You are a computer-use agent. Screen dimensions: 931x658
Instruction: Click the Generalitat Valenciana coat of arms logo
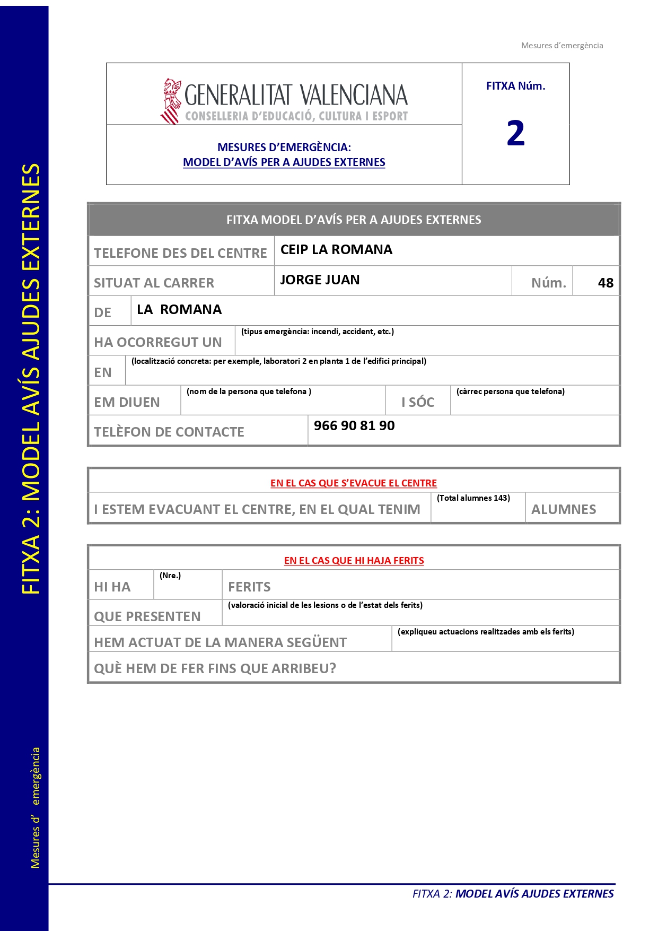pyautogui.click(x=171, y=101)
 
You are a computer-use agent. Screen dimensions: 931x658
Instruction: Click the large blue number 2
pyautogui.click(x=515, y=133)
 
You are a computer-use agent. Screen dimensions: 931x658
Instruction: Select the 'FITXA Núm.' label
pyautogui.click(x=515, y=86)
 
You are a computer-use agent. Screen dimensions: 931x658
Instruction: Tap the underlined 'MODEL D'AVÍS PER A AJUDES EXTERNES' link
pyautogui.click(x=284, y=162)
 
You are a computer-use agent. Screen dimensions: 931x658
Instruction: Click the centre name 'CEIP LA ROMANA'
pyautogui.click(x=336, y=250)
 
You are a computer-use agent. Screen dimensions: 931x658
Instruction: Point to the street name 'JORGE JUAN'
pyautogui.click(x=320, y=280)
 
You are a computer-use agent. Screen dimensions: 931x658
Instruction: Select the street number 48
pyautogui.click(x=606, y=283)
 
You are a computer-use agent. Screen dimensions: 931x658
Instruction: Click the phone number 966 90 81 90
pyautogui.click(x=354, y=426)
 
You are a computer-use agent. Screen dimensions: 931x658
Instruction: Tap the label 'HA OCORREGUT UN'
pyautogui.click(x=158, y=343)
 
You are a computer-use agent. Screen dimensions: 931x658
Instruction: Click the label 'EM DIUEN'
pyautogui.click(x=127, y=403)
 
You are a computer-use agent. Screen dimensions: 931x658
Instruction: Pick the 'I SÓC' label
pyautogui.click(x=418, y=403)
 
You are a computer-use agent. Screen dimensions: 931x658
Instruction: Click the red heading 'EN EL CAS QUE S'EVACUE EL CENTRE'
pyautogui.click(x=354, y=483)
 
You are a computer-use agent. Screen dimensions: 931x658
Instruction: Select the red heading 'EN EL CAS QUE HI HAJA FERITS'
pyautogui.click(x=354, y=561)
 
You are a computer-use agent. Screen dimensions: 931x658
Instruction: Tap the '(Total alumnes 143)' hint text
pyautogui.click(x=473, y=498)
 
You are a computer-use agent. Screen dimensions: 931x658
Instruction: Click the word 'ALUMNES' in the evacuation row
pyautogui.click(x=564, y=510)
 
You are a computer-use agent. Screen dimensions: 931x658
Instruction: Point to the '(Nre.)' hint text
pyautogui.click(x=170, y=576)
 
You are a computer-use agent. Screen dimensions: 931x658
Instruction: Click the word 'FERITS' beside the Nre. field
pyautogui.click(x=249, y=587)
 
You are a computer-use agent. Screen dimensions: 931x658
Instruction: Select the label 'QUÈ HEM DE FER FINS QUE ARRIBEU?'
pyautogui.click(x=215, y=668)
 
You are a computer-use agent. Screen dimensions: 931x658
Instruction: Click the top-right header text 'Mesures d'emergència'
pyautogui.click(x=562, y=46)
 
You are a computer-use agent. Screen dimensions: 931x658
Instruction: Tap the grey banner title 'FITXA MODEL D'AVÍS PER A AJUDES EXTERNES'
pyautogui.click(x=354, y=220)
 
